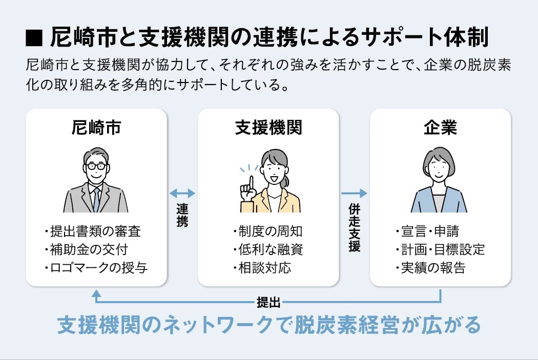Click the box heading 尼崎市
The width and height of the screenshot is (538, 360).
coord(96,128)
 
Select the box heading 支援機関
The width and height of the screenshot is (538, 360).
coord(268,128)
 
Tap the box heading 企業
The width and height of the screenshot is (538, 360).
coord(440,128)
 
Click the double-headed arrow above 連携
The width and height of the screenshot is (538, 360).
coord(182,193)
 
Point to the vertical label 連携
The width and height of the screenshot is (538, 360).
coord(182,215)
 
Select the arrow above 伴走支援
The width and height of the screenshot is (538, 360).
coord(355,193)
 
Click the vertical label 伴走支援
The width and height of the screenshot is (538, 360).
coord(355,228)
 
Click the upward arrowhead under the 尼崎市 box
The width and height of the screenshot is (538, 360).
coord(96,293)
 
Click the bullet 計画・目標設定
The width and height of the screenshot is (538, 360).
coord(441,249)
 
